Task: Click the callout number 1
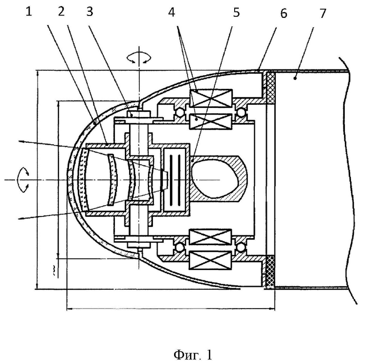(x=29, y=12)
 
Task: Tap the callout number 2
(x=61, y=12)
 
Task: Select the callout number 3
(x=90, y=12)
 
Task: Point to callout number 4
(x=172, y=12)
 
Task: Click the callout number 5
(x=236, y=13)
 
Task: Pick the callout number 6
(x=283, y=14)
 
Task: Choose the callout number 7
(x=322, y=13)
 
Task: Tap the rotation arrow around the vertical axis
(x=139, y=58)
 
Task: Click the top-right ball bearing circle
(x=240, y=113)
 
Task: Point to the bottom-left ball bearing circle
(x=179, y=247)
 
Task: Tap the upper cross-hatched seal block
(x=271, y=88)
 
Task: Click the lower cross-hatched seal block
(x=271, y=271)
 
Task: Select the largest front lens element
(x=84, y=179)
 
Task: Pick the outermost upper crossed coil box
(x=211, y=98)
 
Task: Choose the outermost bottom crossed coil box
(x=211, y=260)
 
